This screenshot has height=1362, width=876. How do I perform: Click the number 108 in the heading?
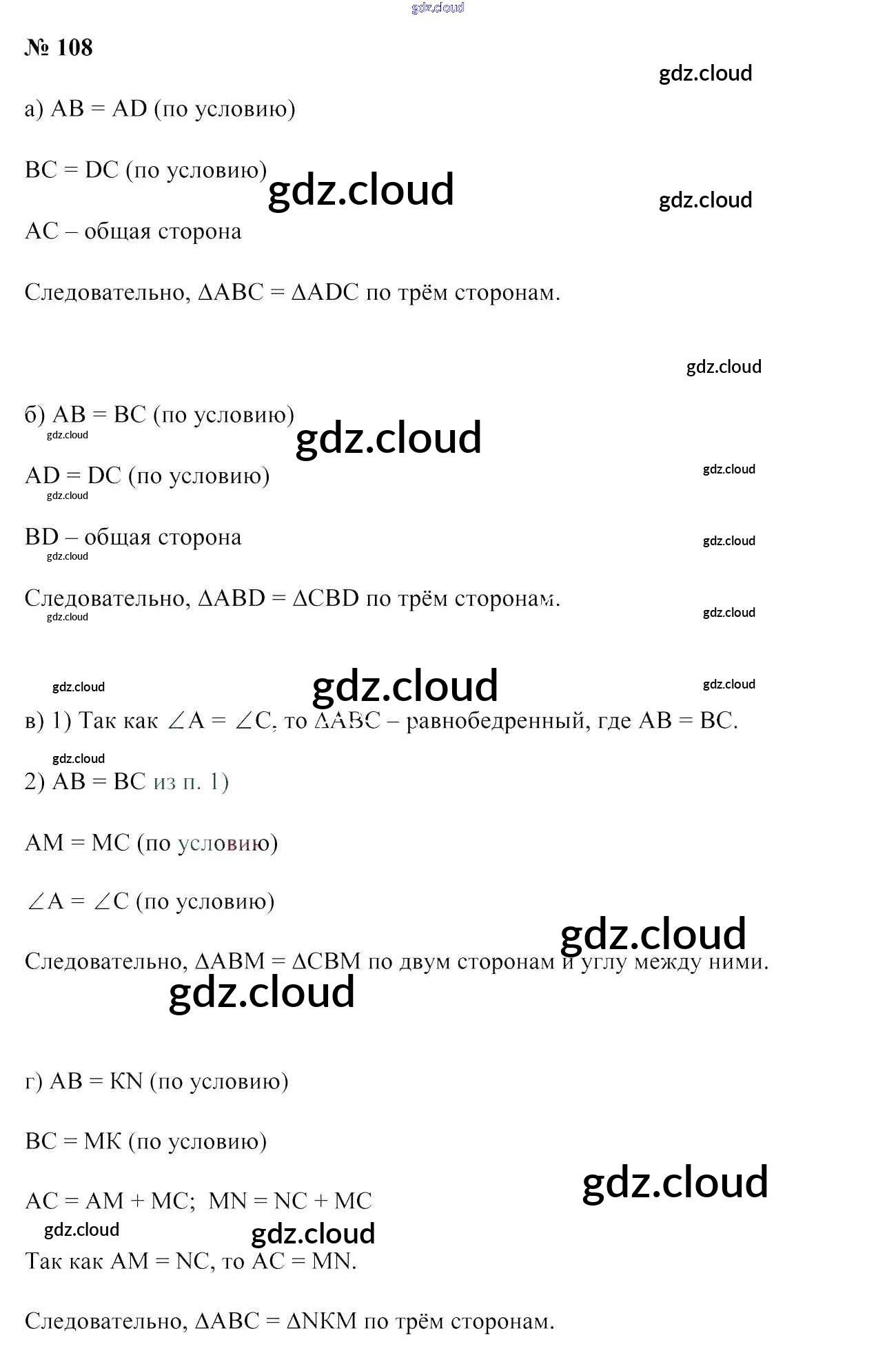[74, 48]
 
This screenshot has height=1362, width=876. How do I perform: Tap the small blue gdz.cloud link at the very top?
[438, 8]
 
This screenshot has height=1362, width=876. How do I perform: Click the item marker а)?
[34, 109]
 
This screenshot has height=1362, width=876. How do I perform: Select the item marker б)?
[35, 415]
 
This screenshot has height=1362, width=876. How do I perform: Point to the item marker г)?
[34, 1081]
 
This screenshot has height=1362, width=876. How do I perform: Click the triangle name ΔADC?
[325, 293]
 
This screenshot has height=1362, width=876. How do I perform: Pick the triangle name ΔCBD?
[326, 598]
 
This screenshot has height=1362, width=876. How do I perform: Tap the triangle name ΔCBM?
[326, 962]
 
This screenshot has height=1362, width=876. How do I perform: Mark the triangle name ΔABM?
[230, 962]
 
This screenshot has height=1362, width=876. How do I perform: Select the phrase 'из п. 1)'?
[191, 782]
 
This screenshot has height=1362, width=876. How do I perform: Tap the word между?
[667, 962]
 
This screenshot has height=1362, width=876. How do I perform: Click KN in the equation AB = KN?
[126, 1081]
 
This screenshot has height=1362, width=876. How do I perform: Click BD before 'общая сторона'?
[42, 537]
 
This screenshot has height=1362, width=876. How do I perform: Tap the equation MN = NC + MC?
[290, 1201]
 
